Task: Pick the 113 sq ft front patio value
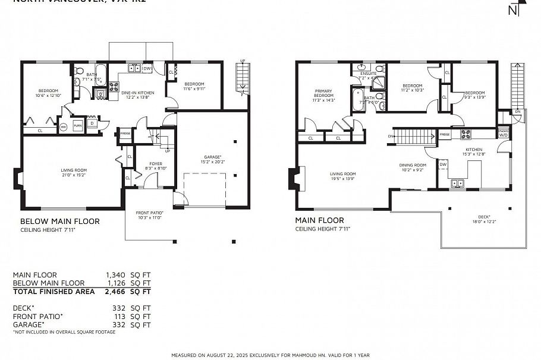pos(119,317)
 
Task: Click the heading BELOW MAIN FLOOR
pos(60,221)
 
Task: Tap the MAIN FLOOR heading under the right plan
pos(319,220)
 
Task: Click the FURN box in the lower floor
pos(77,126)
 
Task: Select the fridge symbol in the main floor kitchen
pos(445,135)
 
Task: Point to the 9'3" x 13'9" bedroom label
pos(475,94)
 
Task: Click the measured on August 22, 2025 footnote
pos(270,355)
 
